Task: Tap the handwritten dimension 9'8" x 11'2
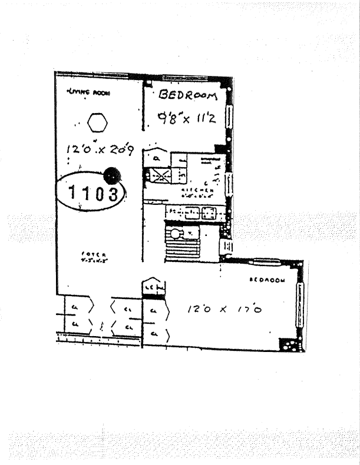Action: point(184,117)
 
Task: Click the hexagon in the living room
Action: point(98,123)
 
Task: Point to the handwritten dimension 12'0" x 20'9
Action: point(100,152)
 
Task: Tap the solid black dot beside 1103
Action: point(111,175)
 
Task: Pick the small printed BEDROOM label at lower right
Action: point(267,280)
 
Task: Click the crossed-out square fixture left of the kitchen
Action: point(158,175)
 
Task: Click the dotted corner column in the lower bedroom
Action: point(291,344)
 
